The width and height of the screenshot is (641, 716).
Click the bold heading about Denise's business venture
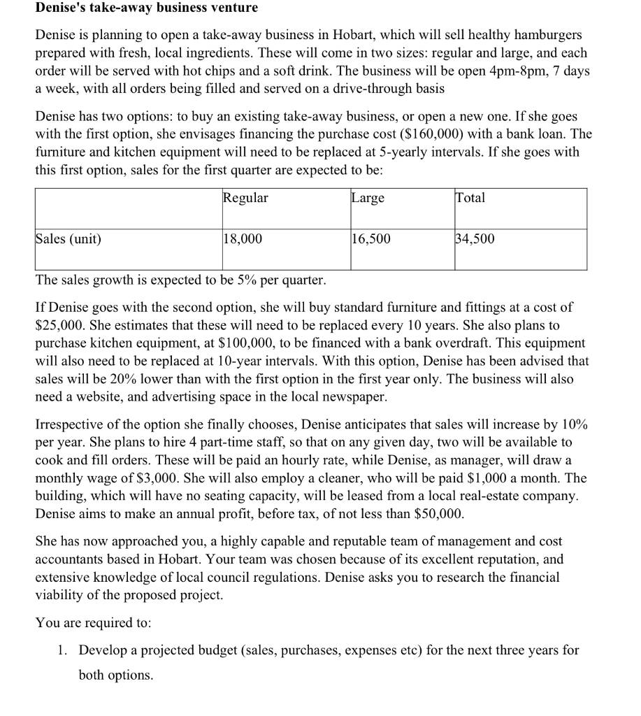(147, 8)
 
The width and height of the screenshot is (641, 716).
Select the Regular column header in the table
(245, 198)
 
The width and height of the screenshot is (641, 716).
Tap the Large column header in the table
(368, 198)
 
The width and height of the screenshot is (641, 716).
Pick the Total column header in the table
(470, 198)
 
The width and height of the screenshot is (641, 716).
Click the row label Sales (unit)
(68, 239)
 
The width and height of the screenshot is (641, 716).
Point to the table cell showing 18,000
(243, 239)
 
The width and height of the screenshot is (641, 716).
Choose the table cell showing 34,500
(475, 239)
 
